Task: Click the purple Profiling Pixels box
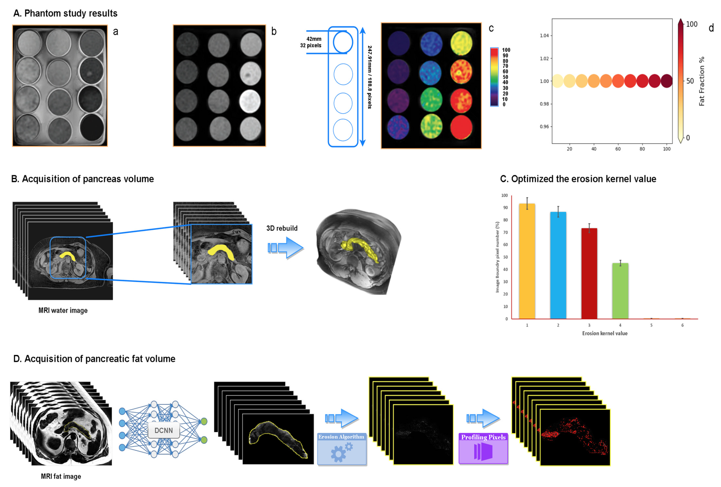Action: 483,448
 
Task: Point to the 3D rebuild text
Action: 282,228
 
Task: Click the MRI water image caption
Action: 63,310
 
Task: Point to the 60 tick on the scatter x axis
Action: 618,149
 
